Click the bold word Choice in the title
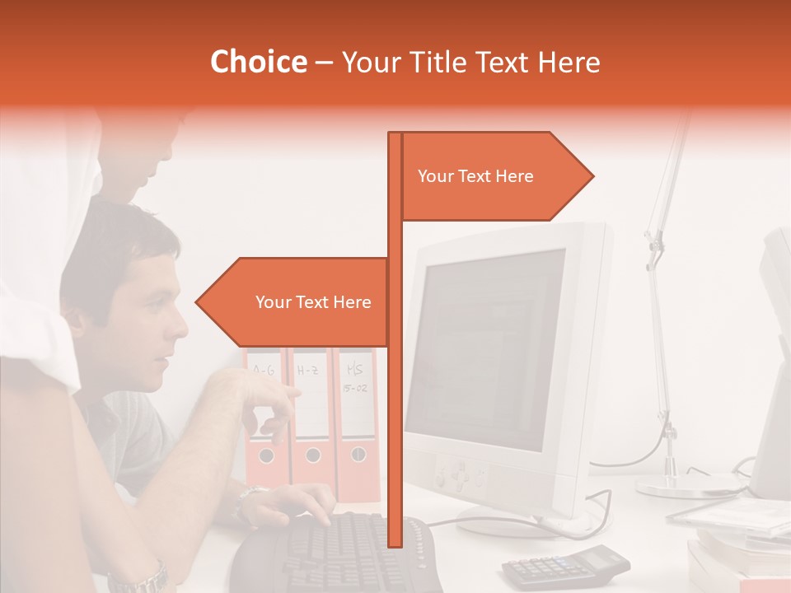pos(258,63)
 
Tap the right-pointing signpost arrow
pos(494,176)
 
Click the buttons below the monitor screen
pos(461,475)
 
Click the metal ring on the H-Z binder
pos(313,455)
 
